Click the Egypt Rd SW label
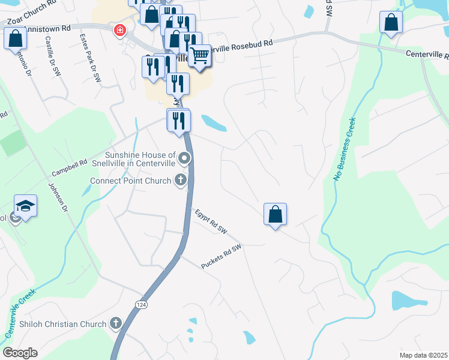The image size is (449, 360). coord(212,221)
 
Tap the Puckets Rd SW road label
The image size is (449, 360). coord(221,256)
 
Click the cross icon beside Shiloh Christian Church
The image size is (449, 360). coord(116,323)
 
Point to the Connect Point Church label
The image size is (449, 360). coord(130,181)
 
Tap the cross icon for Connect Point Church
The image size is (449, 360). coord(179,179)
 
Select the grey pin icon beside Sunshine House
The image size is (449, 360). coord(185,158)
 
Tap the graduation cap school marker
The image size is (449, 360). coord(26,206)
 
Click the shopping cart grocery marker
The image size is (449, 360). coord(200,56)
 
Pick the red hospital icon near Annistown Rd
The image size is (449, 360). coord(120,29)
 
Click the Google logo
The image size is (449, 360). coord(20,353)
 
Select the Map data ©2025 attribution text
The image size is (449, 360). coord(423,355)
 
